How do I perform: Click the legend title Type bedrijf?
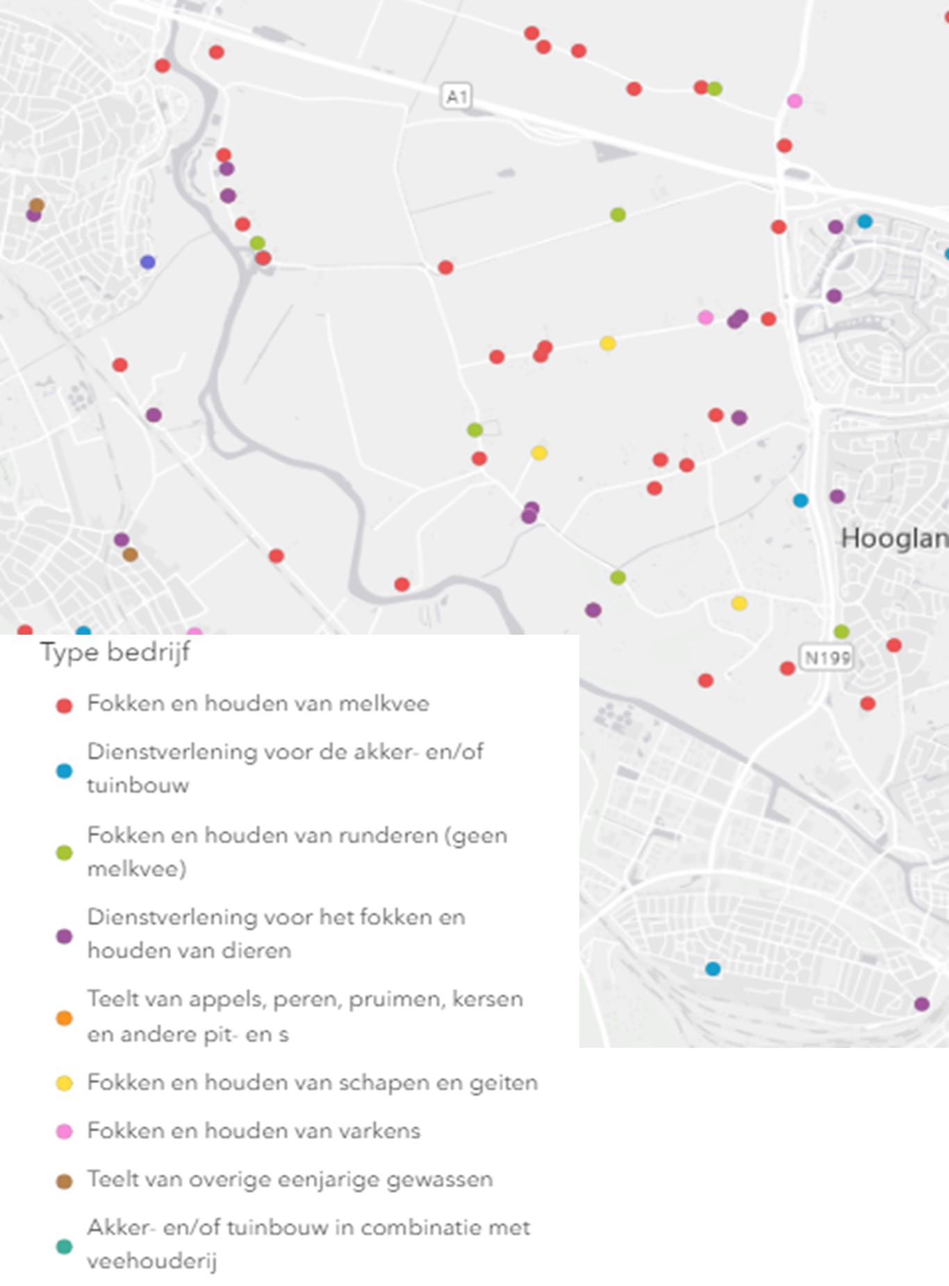(x=115, y=653)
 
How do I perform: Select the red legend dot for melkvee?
(x=64, y=706)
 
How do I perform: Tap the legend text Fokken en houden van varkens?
(x=254, y=1130)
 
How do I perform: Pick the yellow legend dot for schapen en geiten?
(x=64, y=1083)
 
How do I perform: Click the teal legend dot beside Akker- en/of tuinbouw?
(x=64, y=1246)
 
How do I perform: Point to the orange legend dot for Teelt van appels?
(x=64, y=1018)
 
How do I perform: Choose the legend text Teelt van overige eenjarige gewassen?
(x=290, y=1179)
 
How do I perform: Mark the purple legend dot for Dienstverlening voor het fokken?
(x=64, y=936)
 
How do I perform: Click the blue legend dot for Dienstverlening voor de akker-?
(x=64, y=771)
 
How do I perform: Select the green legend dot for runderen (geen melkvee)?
(x=64, y=853)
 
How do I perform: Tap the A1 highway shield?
(x=456, y=96)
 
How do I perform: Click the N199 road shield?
(x=827, y=657)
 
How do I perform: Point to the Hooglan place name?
(x=894, y=538)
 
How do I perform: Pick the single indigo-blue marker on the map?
(x=147, y=262)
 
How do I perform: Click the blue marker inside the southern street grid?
(x=713, y=969)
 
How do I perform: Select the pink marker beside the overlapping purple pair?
(x=705, y=317)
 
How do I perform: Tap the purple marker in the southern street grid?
(x=922, y=1003)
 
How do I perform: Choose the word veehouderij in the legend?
(x=151, y=1261)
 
